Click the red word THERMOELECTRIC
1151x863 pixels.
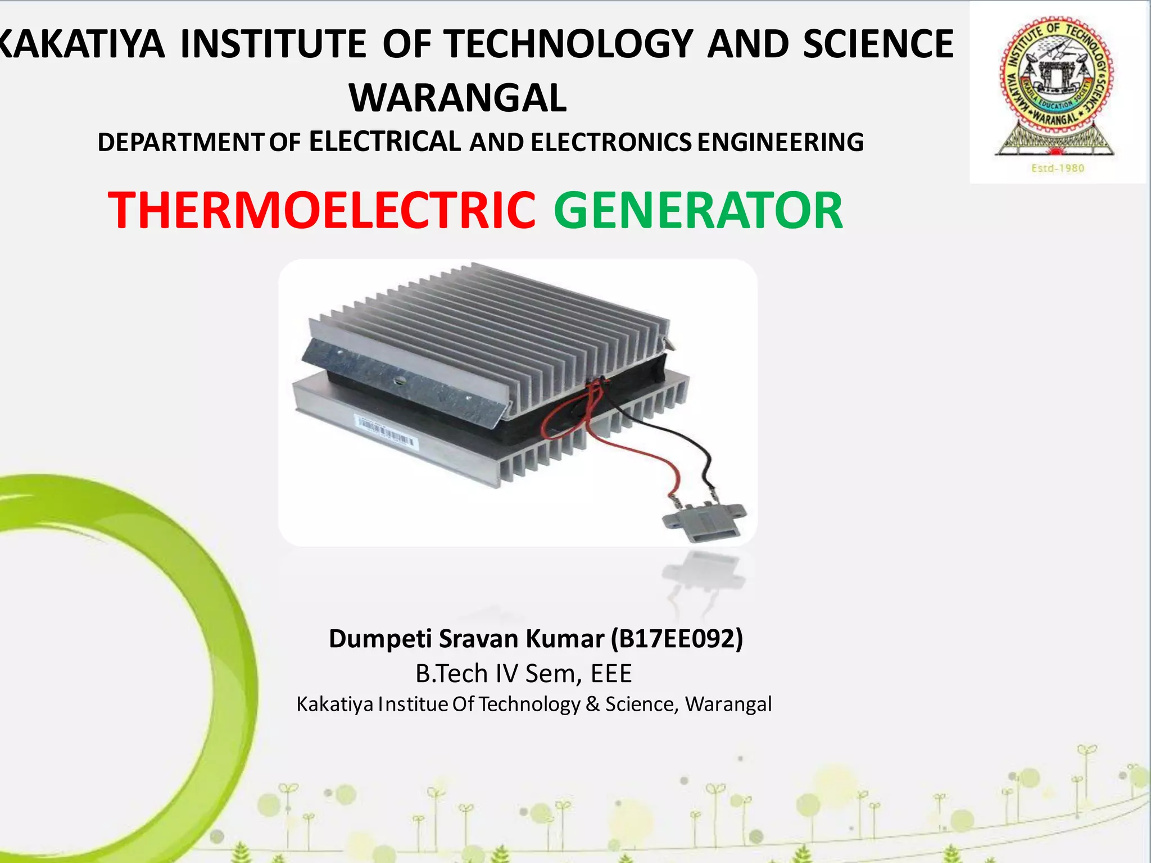[321, 210]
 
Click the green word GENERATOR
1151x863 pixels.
[698, 210]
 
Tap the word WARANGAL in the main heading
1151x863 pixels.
[458, 98]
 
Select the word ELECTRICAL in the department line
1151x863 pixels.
[385, 141]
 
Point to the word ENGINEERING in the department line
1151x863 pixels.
[781, 142]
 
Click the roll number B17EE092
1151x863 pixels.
[677, 639]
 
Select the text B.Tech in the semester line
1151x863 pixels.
[451, 673]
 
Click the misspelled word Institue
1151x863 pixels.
[413, 704]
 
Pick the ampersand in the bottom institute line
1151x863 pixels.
[592, 704]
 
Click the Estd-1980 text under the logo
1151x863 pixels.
[1057, 168]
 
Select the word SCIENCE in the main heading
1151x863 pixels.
[878, 44]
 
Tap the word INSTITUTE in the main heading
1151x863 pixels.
[273, 44]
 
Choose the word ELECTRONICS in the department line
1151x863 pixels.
[611, 142]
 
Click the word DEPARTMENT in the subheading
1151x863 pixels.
[179, 142]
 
